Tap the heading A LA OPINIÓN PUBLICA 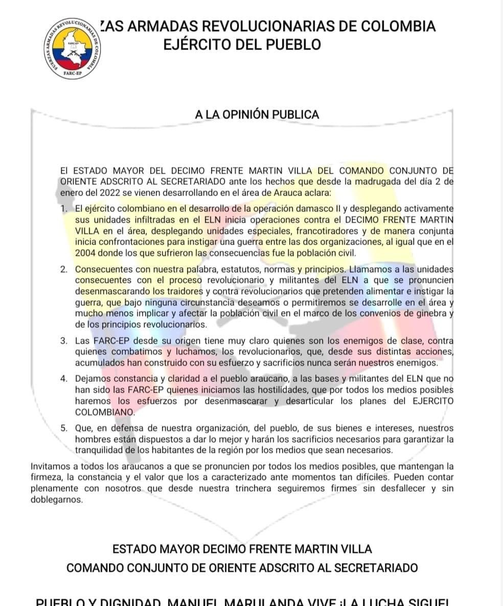[257, 114]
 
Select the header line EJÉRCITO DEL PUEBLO [242, 44]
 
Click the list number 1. [63, 208]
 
